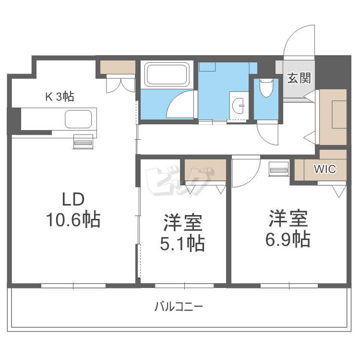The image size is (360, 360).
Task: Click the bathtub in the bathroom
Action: pyautogui.click(x=167, y=74)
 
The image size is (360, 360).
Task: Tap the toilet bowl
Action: pyautogui.click(x=266, y=88)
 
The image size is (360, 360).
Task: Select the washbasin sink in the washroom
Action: pyautogui.click(x=239, y=106)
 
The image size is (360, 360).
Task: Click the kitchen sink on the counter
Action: pyautogui.click(x=78, y=119)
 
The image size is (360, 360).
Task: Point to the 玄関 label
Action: pyautogui.click(x=299, y=78)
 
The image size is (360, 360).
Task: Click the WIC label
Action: pyautogui.click(x=325, y=169)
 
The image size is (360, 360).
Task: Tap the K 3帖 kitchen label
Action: pyautogui.click(x=60, y=96)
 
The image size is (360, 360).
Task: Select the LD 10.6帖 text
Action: pyautogui.click(x=73, y=210)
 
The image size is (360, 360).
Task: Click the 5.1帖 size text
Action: pyautogui.click(x=182, y=243)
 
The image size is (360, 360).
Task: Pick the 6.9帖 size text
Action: pyautogui.click(x=288, y=239)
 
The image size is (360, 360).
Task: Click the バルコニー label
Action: pyautogui.click(x=179, y=307)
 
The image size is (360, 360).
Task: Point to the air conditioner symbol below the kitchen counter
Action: pyautogui.click(x=83, y=142)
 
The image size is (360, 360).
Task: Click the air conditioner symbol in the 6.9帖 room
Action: pyautogui.click(x=279, y=169)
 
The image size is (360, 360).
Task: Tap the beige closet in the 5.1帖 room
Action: pyautogui.click(x=205, y=169)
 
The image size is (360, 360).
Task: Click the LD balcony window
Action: pyautogui.click(x=73, y=286)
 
